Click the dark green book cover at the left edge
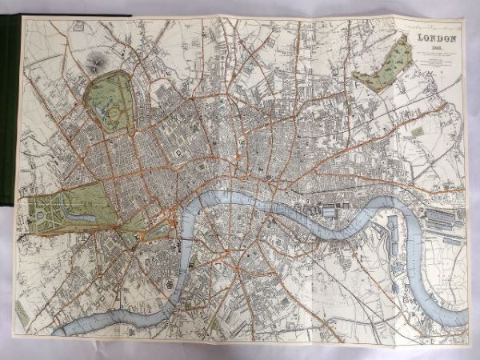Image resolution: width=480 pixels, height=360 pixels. coord(8,120)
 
